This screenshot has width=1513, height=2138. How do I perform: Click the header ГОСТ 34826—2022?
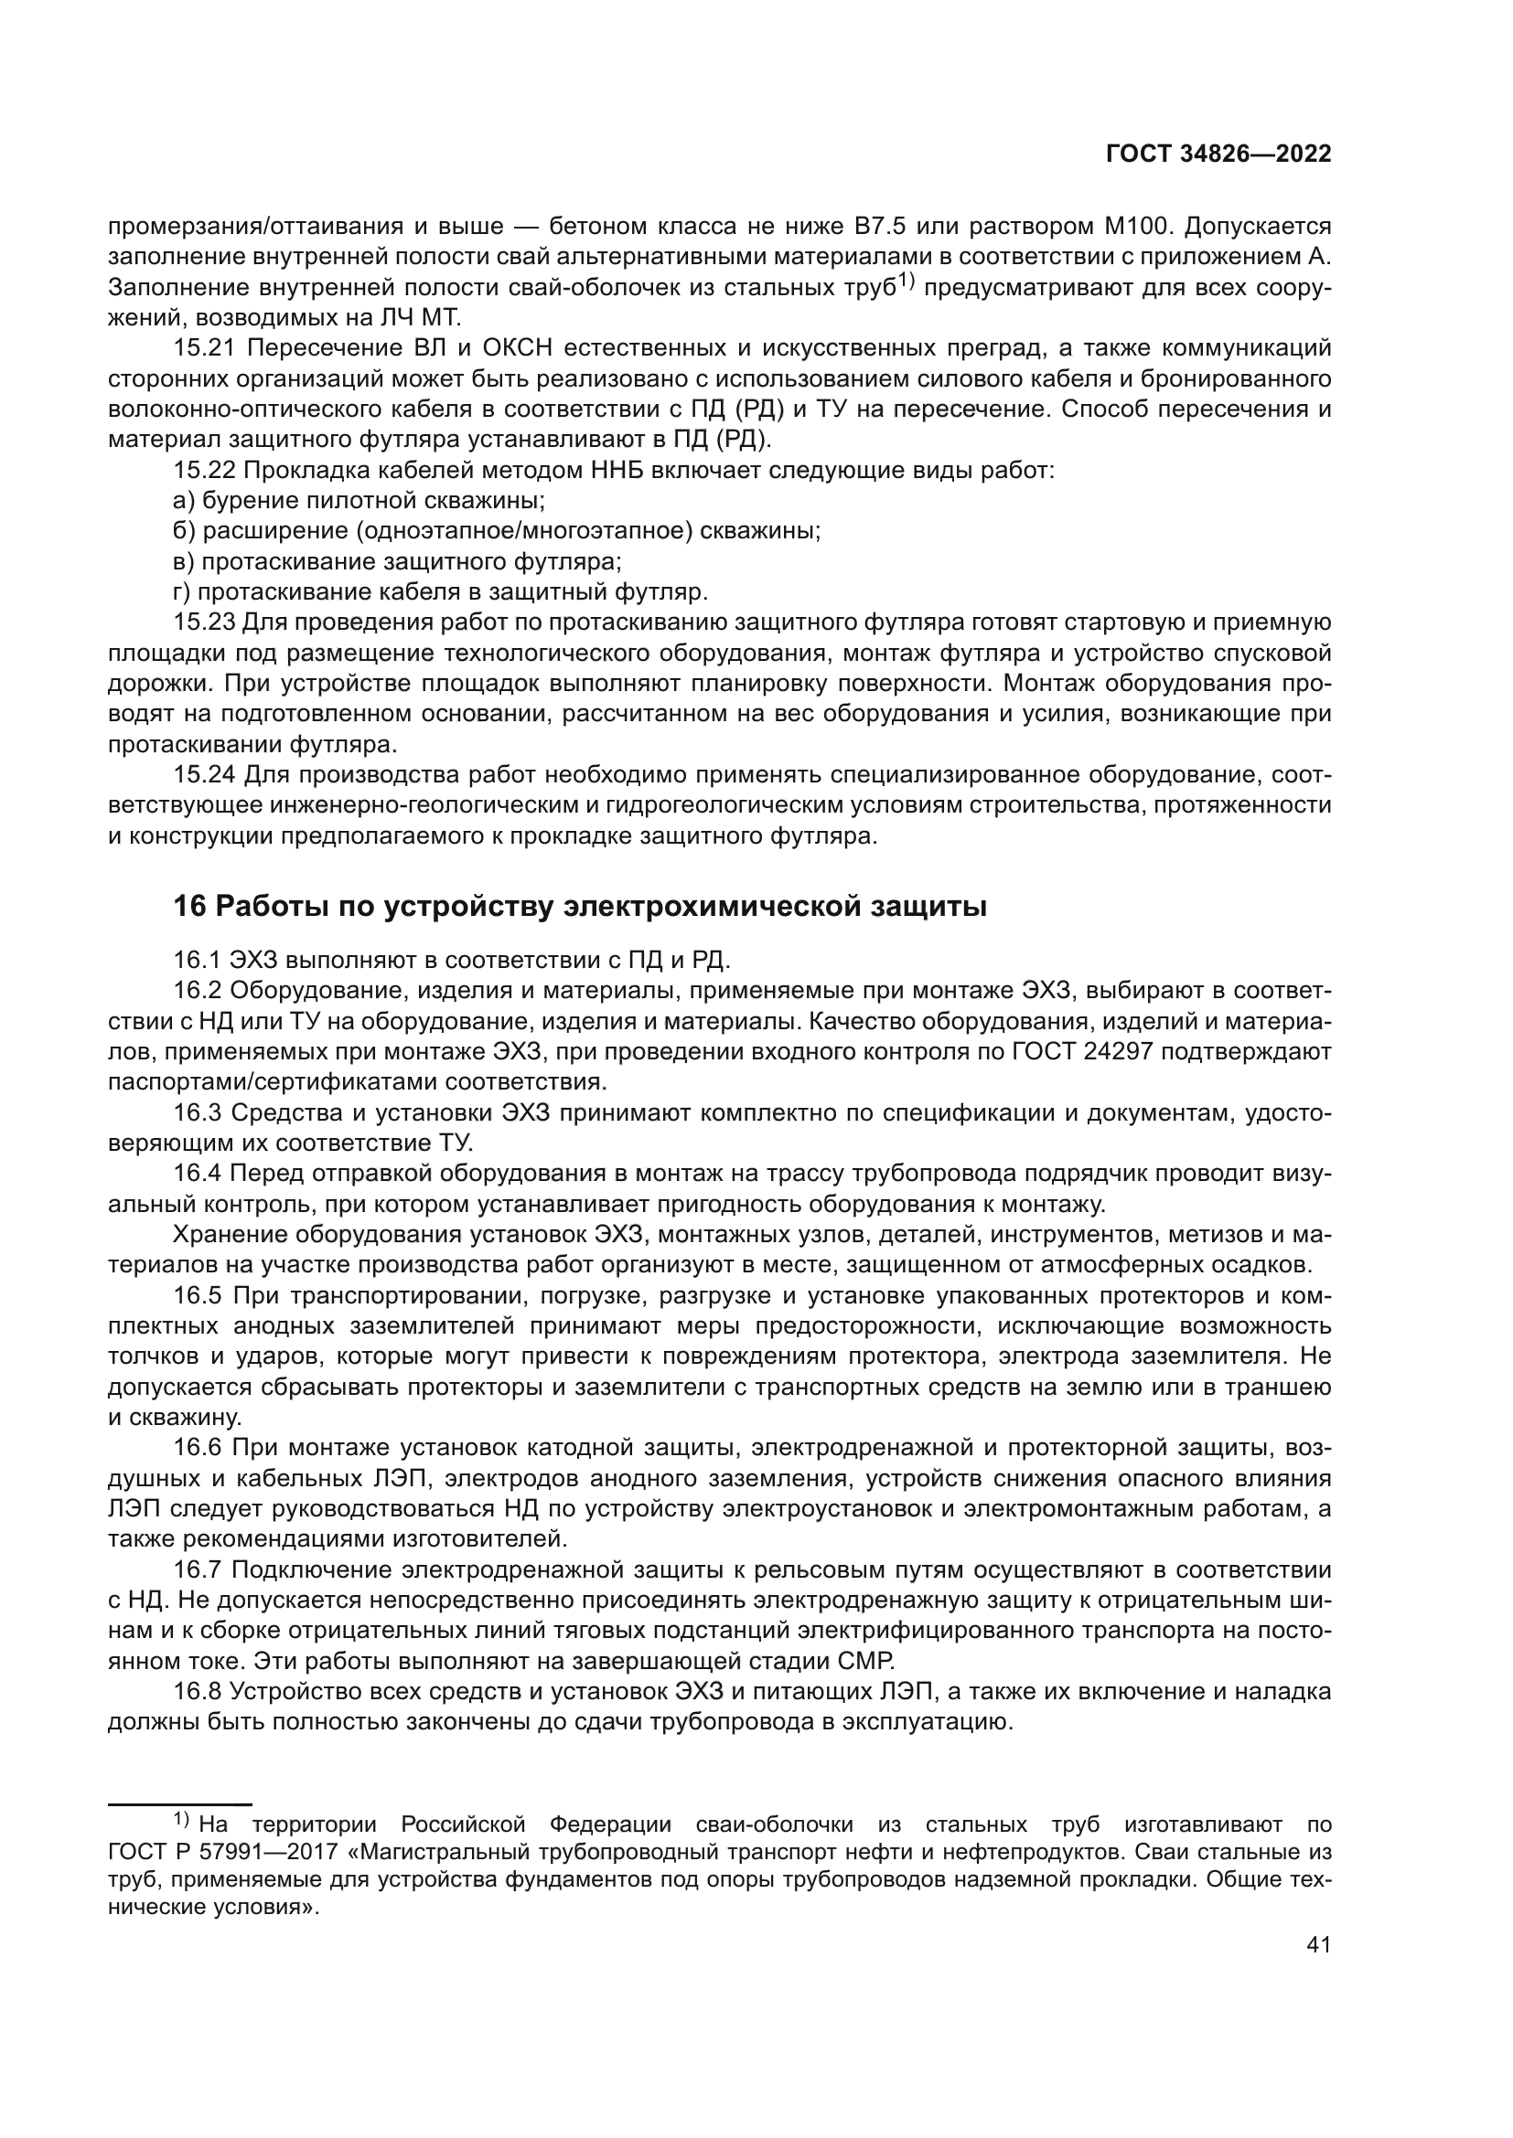click(1218, 154)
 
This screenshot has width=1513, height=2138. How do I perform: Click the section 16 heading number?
click(189, 906)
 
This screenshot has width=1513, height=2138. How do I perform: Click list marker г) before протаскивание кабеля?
click(182, 592)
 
